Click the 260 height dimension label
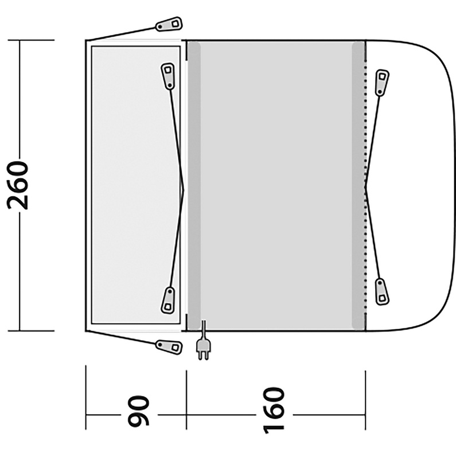18,185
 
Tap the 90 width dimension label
139,411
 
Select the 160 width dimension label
274,410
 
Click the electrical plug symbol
204,343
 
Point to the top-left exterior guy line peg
169,25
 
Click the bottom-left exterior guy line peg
169,346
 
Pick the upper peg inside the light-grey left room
168,76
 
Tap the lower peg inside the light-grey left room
168,300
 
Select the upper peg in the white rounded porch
381,83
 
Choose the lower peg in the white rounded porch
381,292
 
